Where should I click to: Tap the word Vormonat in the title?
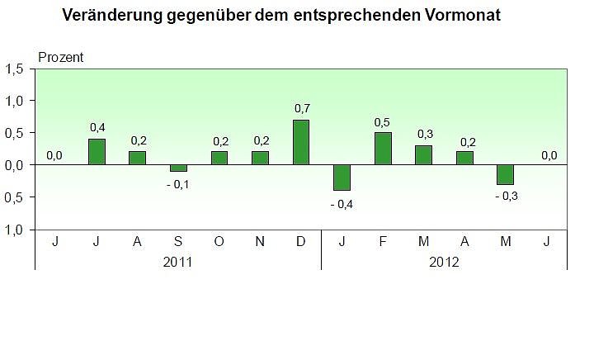coord(460,16)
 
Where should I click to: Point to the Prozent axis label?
coord(61,57)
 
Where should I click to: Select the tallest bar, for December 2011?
coord(301,142)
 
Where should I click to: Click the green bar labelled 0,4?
coord(97,152)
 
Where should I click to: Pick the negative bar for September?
coord(178,168)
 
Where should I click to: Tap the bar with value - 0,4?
coord(342,178)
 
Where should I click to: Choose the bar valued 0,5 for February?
coord(383,149)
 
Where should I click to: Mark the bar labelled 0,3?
coord(423,155)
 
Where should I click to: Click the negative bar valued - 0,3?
coord(505,174)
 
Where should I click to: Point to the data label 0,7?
coord(301,109)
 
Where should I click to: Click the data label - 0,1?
coord(177,183)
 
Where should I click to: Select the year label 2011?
coord(178,261)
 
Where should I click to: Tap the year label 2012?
coord(444,261)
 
